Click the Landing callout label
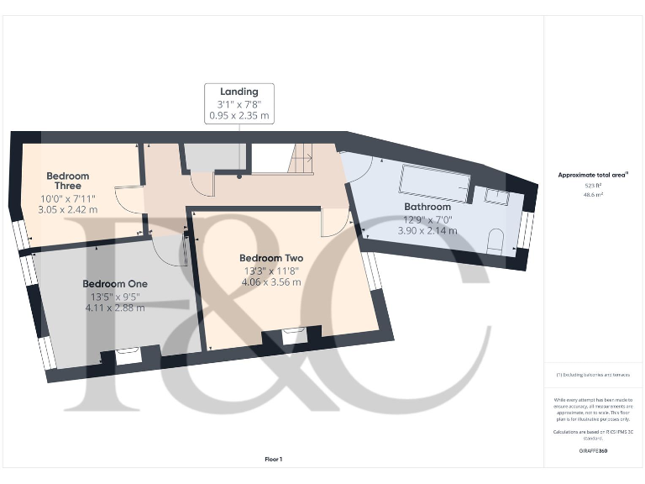click(239, 91)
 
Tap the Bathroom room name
click(427, 206)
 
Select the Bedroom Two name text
click(270, 258)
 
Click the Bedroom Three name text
click(68, 181)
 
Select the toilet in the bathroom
click(496, 242)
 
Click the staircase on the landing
click(301, 158)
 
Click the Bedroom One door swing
click(170, 250)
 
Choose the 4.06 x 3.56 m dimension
click(270, 282)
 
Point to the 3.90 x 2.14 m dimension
click(427, 230)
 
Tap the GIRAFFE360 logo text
click(593, 451)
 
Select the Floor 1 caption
click(274, 459)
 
